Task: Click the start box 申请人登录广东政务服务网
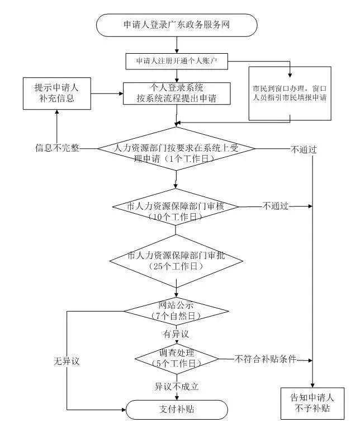coord(176,25)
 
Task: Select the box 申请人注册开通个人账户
coord(176,60)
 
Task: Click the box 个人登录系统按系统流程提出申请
coord(176,94)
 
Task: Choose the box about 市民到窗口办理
coord(289,93)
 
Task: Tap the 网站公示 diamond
coord(176,311)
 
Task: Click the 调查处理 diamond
coord(176,358)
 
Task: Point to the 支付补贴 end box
coord(176,409)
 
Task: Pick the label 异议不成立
coord(177,386)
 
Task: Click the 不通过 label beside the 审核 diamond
coord(276,206)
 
